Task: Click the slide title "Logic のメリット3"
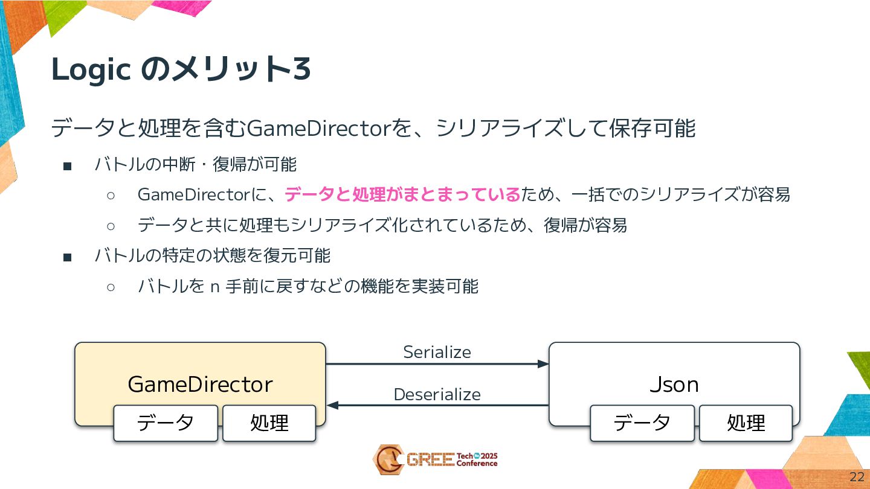coord(181,70)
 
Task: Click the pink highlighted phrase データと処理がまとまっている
coord(402,194)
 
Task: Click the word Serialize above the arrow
coord(437,352)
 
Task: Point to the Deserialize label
coord(437,394)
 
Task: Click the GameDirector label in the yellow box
coord(200,384)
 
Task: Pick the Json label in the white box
coord(674,384)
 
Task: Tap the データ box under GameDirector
coord(166,423)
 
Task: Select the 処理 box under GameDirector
coord(269,423)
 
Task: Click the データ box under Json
coord(642,423)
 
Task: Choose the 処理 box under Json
coord(746,423)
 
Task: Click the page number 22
coord(857,476)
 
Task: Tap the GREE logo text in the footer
coord(430,460)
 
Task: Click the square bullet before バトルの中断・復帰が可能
coord(67,165)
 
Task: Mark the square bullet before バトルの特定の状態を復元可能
coord(67,257)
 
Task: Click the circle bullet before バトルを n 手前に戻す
coord(111,287)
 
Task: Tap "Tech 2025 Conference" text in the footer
coord(477,459)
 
